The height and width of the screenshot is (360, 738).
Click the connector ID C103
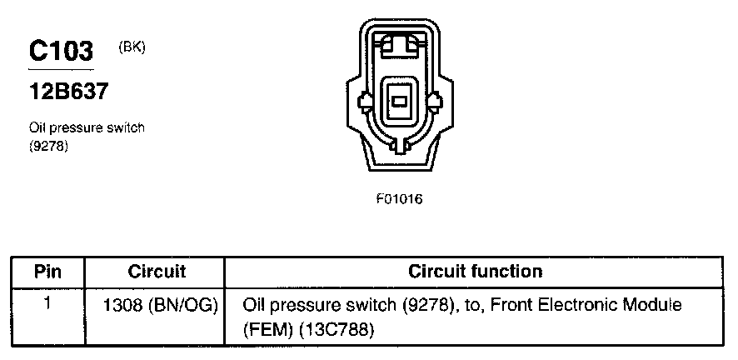61,52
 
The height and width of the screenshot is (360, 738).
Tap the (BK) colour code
132,47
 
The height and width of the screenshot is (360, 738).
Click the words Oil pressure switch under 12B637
87,129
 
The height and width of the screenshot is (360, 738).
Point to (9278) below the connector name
47,146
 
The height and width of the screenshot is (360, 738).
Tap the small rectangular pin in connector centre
400,102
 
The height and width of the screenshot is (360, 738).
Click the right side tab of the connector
435,103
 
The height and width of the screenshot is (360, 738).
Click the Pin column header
47,272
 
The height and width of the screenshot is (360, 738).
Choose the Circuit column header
157,272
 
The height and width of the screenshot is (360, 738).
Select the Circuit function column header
475,272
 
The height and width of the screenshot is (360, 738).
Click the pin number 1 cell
47,304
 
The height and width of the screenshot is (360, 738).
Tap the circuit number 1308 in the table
123,306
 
